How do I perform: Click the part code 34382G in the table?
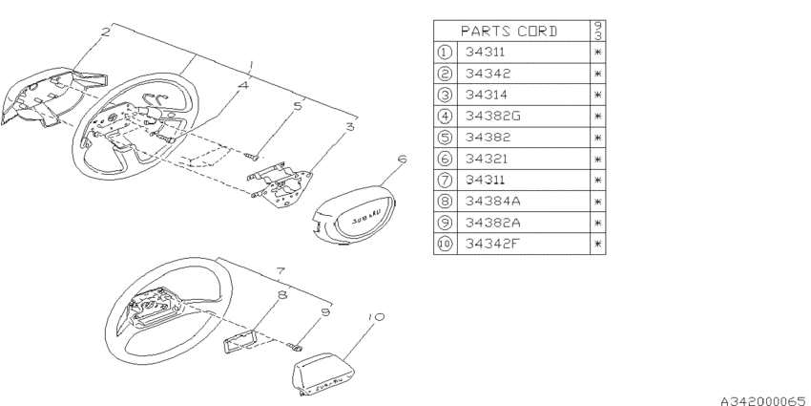(x=492, y=116)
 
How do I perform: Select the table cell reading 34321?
(x=487, y=159)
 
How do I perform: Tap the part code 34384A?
(x=492, y=201)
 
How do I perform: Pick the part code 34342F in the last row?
(x=491, y=244)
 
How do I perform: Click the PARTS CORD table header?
(x=509, y=32)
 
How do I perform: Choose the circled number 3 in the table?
(x=445, y=95)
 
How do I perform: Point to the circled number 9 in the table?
(x=445, y=223)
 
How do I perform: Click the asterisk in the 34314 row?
(x=598, y=95)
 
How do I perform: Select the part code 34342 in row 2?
(x=488, y=74)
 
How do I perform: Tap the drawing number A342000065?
(x=763, y=401)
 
